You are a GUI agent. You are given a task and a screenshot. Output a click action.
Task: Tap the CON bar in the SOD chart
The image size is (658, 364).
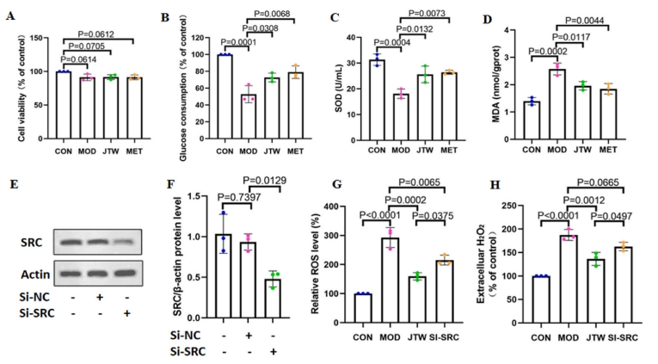tap(375, 108)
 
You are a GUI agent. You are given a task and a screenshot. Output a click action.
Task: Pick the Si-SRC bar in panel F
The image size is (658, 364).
tap(274, 306)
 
